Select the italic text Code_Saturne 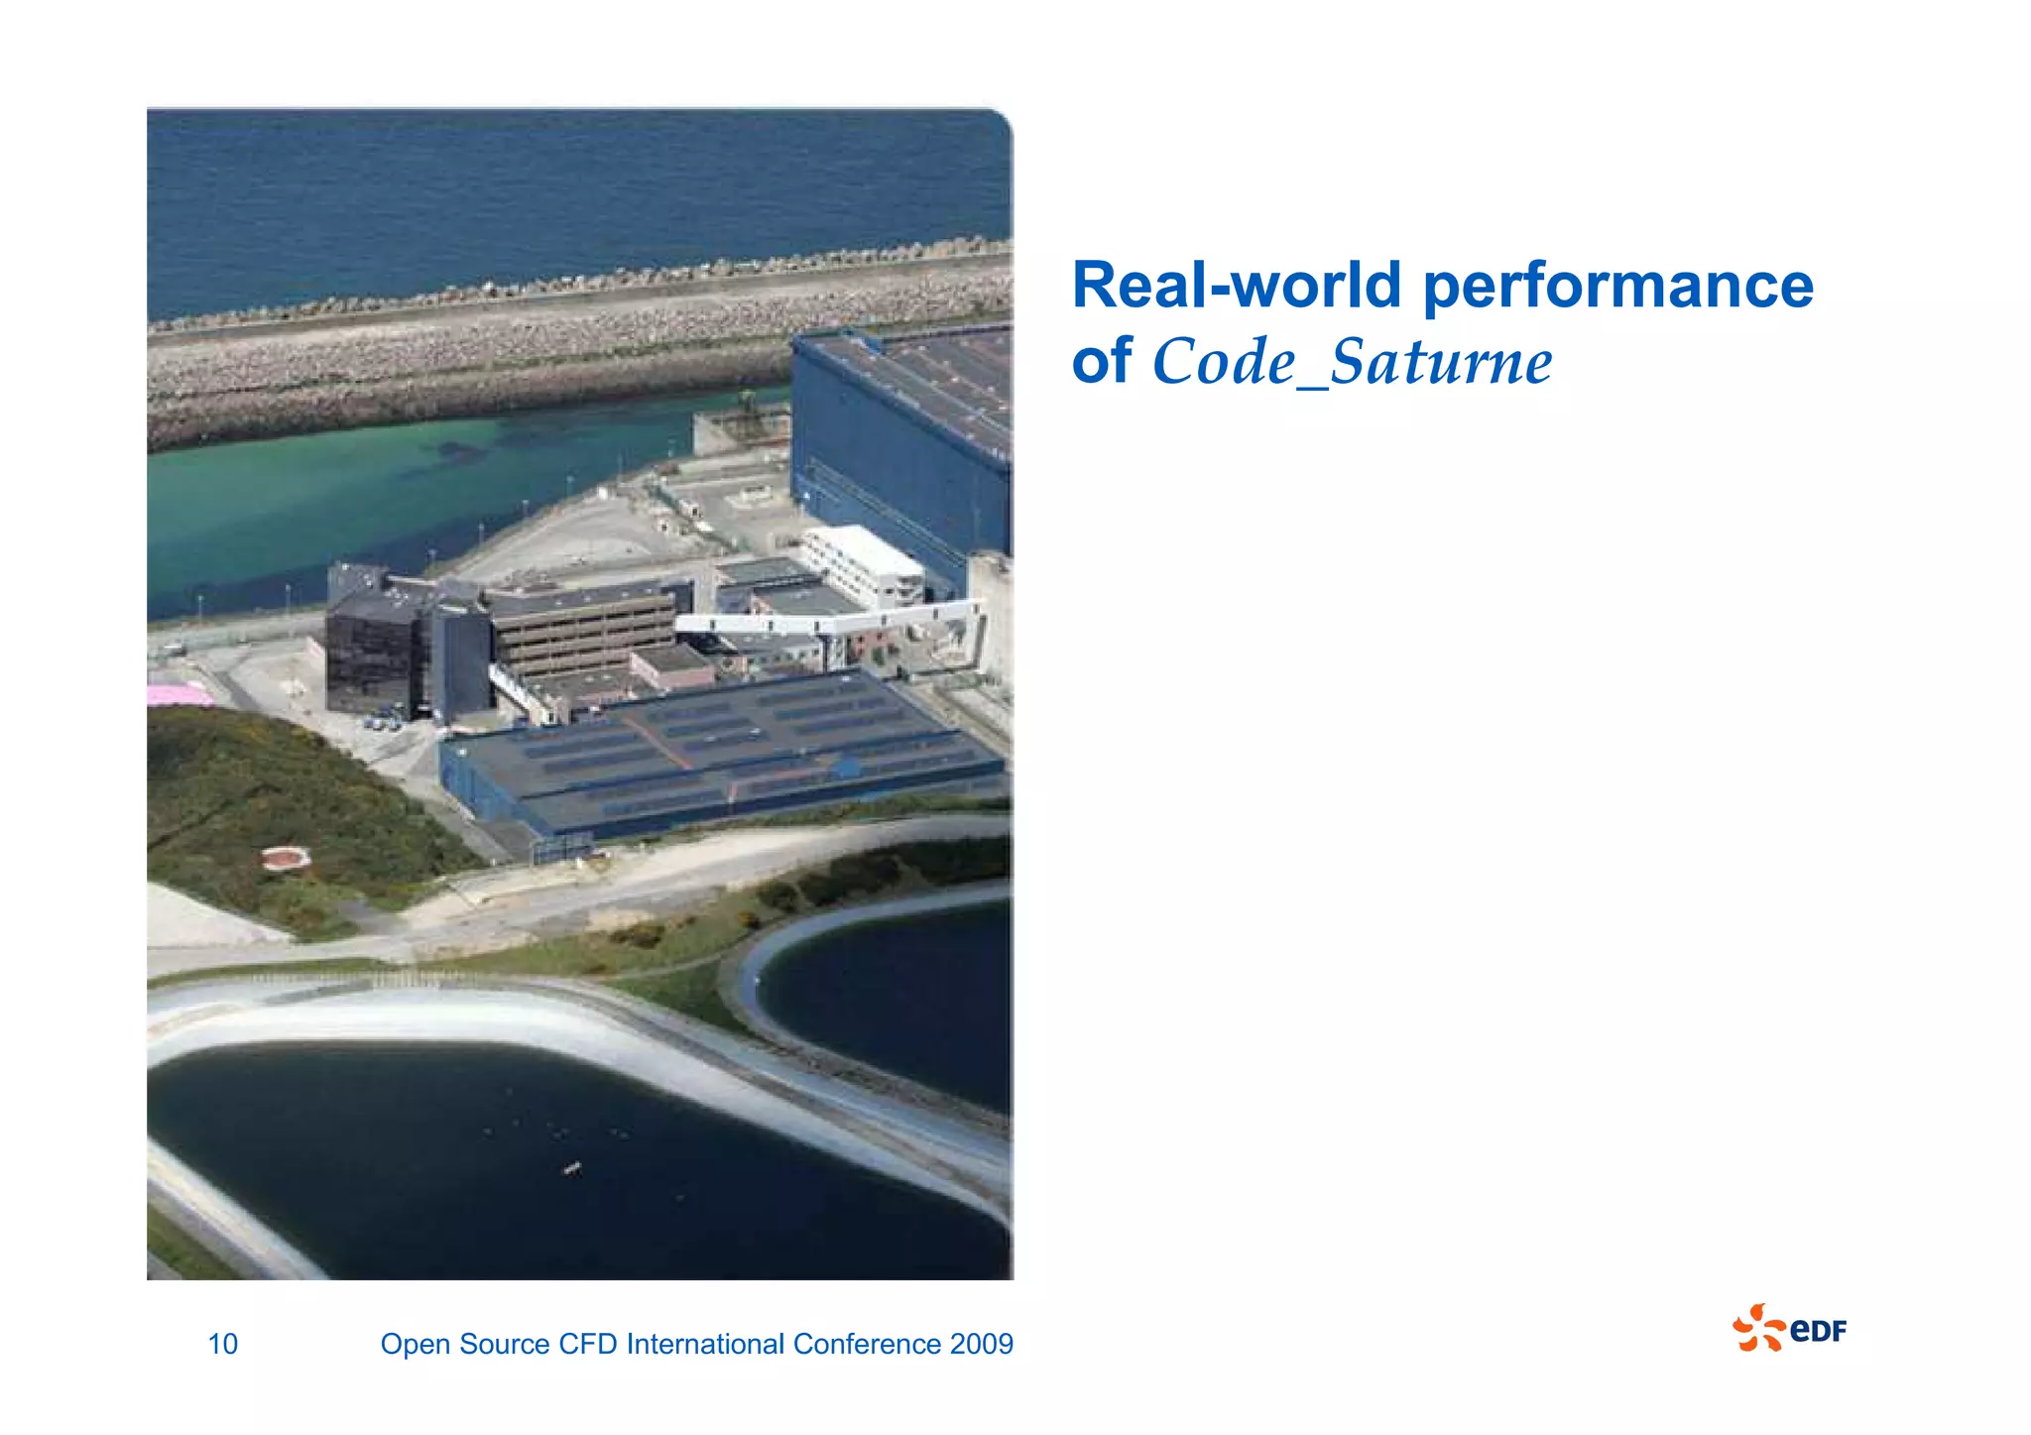point(1352,362)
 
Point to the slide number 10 point(222,1344)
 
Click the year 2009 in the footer point(981,1344)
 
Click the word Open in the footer point(416,1344)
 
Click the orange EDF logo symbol point(1757,1328)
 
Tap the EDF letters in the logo point(1819,1330)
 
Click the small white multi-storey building point(861,565)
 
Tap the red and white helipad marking point(286,858)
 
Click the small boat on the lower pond point(571,1169)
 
